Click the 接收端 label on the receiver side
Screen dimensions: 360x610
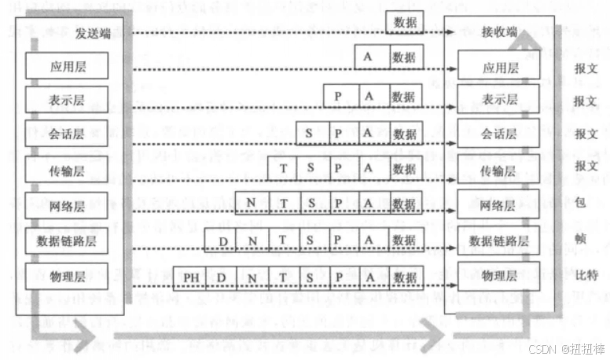499,32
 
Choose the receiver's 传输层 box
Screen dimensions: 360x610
499,171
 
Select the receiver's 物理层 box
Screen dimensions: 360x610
499,276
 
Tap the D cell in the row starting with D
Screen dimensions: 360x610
223,241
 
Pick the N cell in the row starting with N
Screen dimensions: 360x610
252,204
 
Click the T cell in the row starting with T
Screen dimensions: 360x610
281,169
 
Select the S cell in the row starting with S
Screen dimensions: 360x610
310,134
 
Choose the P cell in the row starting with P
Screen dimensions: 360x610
338,97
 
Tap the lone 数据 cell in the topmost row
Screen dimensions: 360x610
405,22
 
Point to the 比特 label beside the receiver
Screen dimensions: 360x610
586,276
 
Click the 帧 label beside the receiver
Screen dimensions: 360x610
581,238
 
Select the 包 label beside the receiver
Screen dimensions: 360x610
581,203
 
